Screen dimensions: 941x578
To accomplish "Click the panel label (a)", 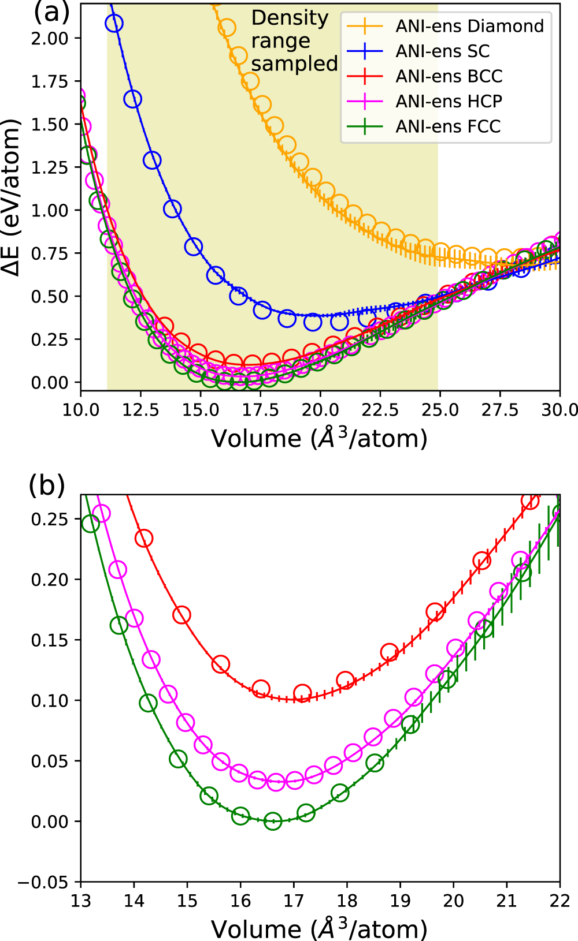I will (x=51, y=12).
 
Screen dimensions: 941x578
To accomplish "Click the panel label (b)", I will (x=47, y=486).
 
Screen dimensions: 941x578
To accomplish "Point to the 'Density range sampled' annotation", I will (x=294, y=41).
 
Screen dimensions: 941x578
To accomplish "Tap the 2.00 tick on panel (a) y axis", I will (x=50, y=39).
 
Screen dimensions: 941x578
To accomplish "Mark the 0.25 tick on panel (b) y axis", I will (x=50, y=519).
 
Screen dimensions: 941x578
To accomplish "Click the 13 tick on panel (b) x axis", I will (x=81, y=901).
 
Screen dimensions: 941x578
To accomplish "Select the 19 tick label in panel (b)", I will (x=400, y=901).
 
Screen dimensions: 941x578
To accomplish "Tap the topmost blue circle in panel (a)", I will (x=114, y=24).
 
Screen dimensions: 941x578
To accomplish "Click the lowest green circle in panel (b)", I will (x=273, y=821).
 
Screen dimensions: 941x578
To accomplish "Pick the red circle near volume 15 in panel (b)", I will (x=181, y=615).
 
